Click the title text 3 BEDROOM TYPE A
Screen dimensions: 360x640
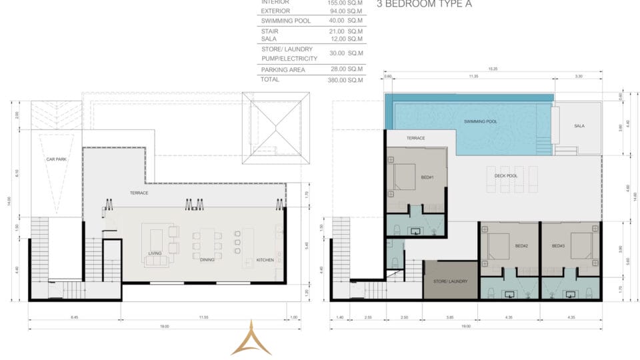(x=424, y=4)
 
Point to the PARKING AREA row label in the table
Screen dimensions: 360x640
(x=284, y=69)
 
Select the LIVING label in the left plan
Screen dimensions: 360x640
(x=156, y=253)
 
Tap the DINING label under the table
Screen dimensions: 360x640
(x=207, y=259)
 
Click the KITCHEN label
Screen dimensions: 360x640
(x=265, y=259)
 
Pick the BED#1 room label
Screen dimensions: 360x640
(x=427, y=177)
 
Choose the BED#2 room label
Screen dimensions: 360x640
(x=503, y=246)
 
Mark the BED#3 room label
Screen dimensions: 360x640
(x=559, y=246)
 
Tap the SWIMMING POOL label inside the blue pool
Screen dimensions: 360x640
(x=481, y=121)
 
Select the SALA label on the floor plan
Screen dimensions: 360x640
(x=579, y=126)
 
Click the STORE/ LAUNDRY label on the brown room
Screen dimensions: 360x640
(x=451, y=281)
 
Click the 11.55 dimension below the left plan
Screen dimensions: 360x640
(x=203, y=317)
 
